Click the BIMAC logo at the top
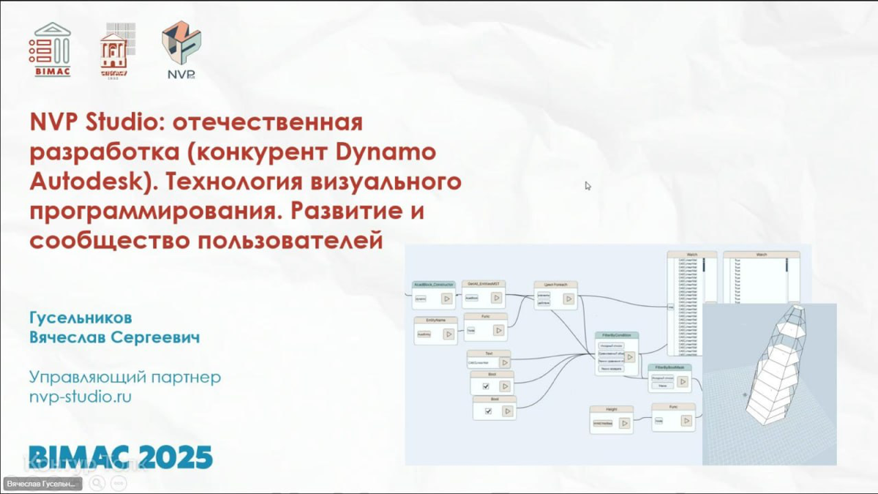pyautogui.click(x=50, y=49)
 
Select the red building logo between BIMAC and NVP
pyautogui.click(x=114, y=50)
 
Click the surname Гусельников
pyautogui.click(x=80, y=318)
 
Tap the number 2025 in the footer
pyautogui.click(x=170, y=457)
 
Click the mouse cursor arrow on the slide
pyautogui.click(x=588, y=185)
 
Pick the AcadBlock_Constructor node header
pyautogui.click(x=434, y=284)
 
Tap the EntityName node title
pyautogui.click(x=435, y=320)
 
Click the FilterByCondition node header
pyautogui.click(x=616, y=335)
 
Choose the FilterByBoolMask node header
pyautogui.click(x=669, y=367)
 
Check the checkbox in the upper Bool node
pyautogui.click(x=485, y=386)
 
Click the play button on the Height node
pyautogui.click(x=624, y=423)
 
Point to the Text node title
pyautogui.click(x=489, y=353)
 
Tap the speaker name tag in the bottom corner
pyautogui.click(x=42, y=484)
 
